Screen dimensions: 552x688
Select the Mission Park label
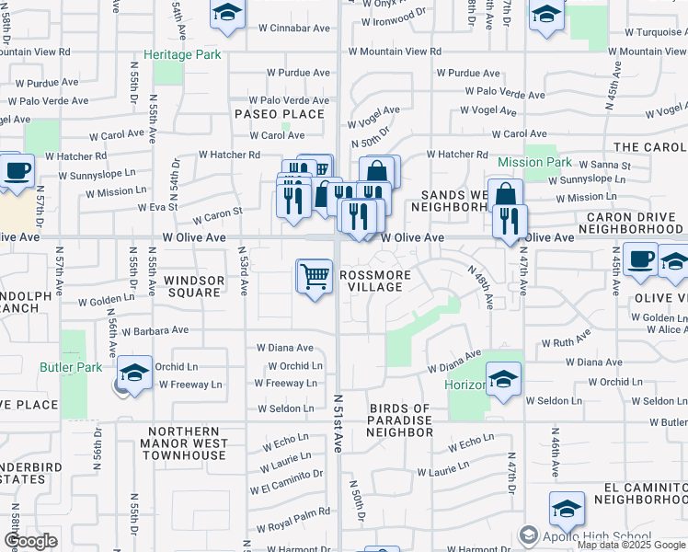coord(534,162)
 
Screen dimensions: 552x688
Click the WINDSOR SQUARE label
coord(192,285)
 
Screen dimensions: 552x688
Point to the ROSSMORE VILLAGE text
coord(372,281)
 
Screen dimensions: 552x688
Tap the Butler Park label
coord(70,366)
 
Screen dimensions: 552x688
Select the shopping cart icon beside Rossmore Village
coord(315,276)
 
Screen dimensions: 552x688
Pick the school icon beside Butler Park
coord(134,374)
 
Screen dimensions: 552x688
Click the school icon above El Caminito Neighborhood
coord(567,509)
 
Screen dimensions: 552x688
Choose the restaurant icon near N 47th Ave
coord(509,222)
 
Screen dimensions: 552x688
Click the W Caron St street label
coord(217,215)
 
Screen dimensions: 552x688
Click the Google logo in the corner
coord(30,541)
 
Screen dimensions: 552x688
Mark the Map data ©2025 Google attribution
coord(631,545)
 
